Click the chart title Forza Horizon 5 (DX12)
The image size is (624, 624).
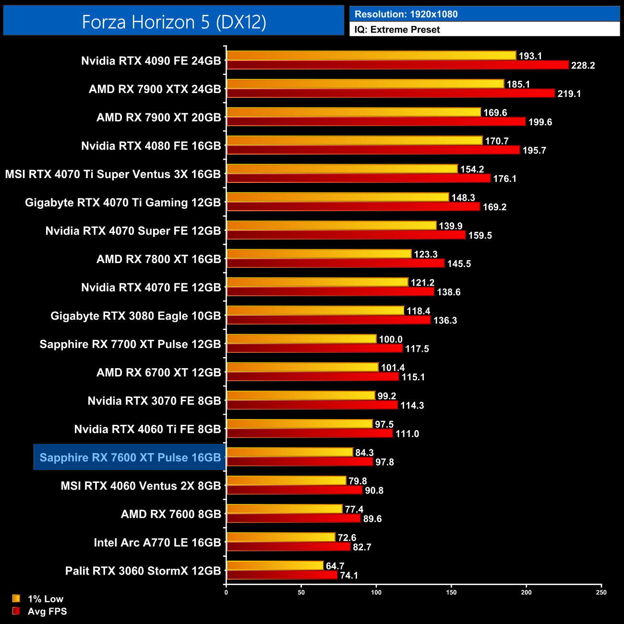point(174,22)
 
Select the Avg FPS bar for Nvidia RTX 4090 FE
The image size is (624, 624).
point(397,65)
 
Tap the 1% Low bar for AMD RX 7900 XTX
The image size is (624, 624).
point(365,84)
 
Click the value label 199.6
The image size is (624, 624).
point(540,122)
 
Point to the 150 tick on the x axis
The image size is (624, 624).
point(451,592)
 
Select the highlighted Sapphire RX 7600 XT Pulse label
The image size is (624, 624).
point(130,457)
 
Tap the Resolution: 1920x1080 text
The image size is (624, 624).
point(406,14)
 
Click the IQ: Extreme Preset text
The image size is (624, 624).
point(397,30)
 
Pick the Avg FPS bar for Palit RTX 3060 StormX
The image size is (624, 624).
point(282,575)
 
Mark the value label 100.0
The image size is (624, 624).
point(391,339)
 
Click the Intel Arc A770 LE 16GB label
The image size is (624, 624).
point(157,542)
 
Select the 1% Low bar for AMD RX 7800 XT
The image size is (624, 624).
point(319,254)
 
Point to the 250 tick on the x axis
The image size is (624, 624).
point(601,592)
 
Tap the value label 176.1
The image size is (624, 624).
point(505,179)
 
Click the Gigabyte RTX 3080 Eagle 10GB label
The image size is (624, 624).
point(136,316)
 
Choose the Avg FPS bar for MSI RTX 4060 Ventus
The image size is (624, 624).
point(294,490)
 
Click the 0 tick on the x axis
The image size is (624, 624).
point(226,592)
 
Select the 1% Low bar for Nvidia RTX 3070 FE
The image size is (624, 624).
point(301,396)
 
